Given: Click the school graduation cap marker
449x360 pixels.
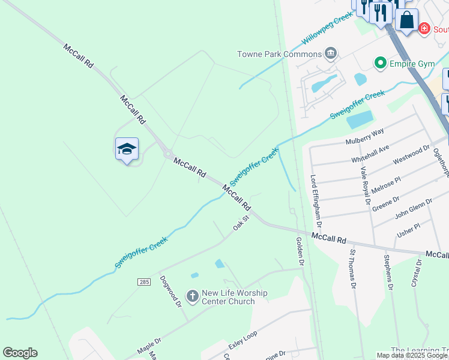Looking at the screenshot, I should tap(127, 149).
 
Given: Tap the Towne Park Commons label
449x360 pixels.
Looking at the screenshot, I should tap(280, 54).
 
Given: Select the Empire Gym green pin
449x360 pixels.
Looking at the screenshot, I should tap(379, 62).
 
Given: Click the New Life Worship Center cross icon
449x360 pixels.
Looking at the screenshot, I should tap(192, 296).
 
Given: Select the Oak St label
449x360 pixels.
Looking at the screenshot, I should tap(241, 225).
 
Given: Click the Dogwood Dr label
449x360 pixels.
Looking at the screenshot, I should tap(170, 292).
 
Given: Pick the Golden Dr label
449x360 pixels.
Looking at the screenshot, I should tap(301, 251).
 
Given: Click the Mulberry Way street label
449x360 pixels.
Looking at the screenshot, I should tap(364, 137).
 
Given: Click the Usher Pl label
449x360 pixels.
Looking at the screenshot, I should tap(408, 229).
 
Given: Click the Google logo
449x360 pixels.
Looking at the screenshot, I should tap(20, 353).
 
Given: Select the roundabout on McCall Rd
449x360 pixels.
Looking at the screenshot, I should tap(168, 154).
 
